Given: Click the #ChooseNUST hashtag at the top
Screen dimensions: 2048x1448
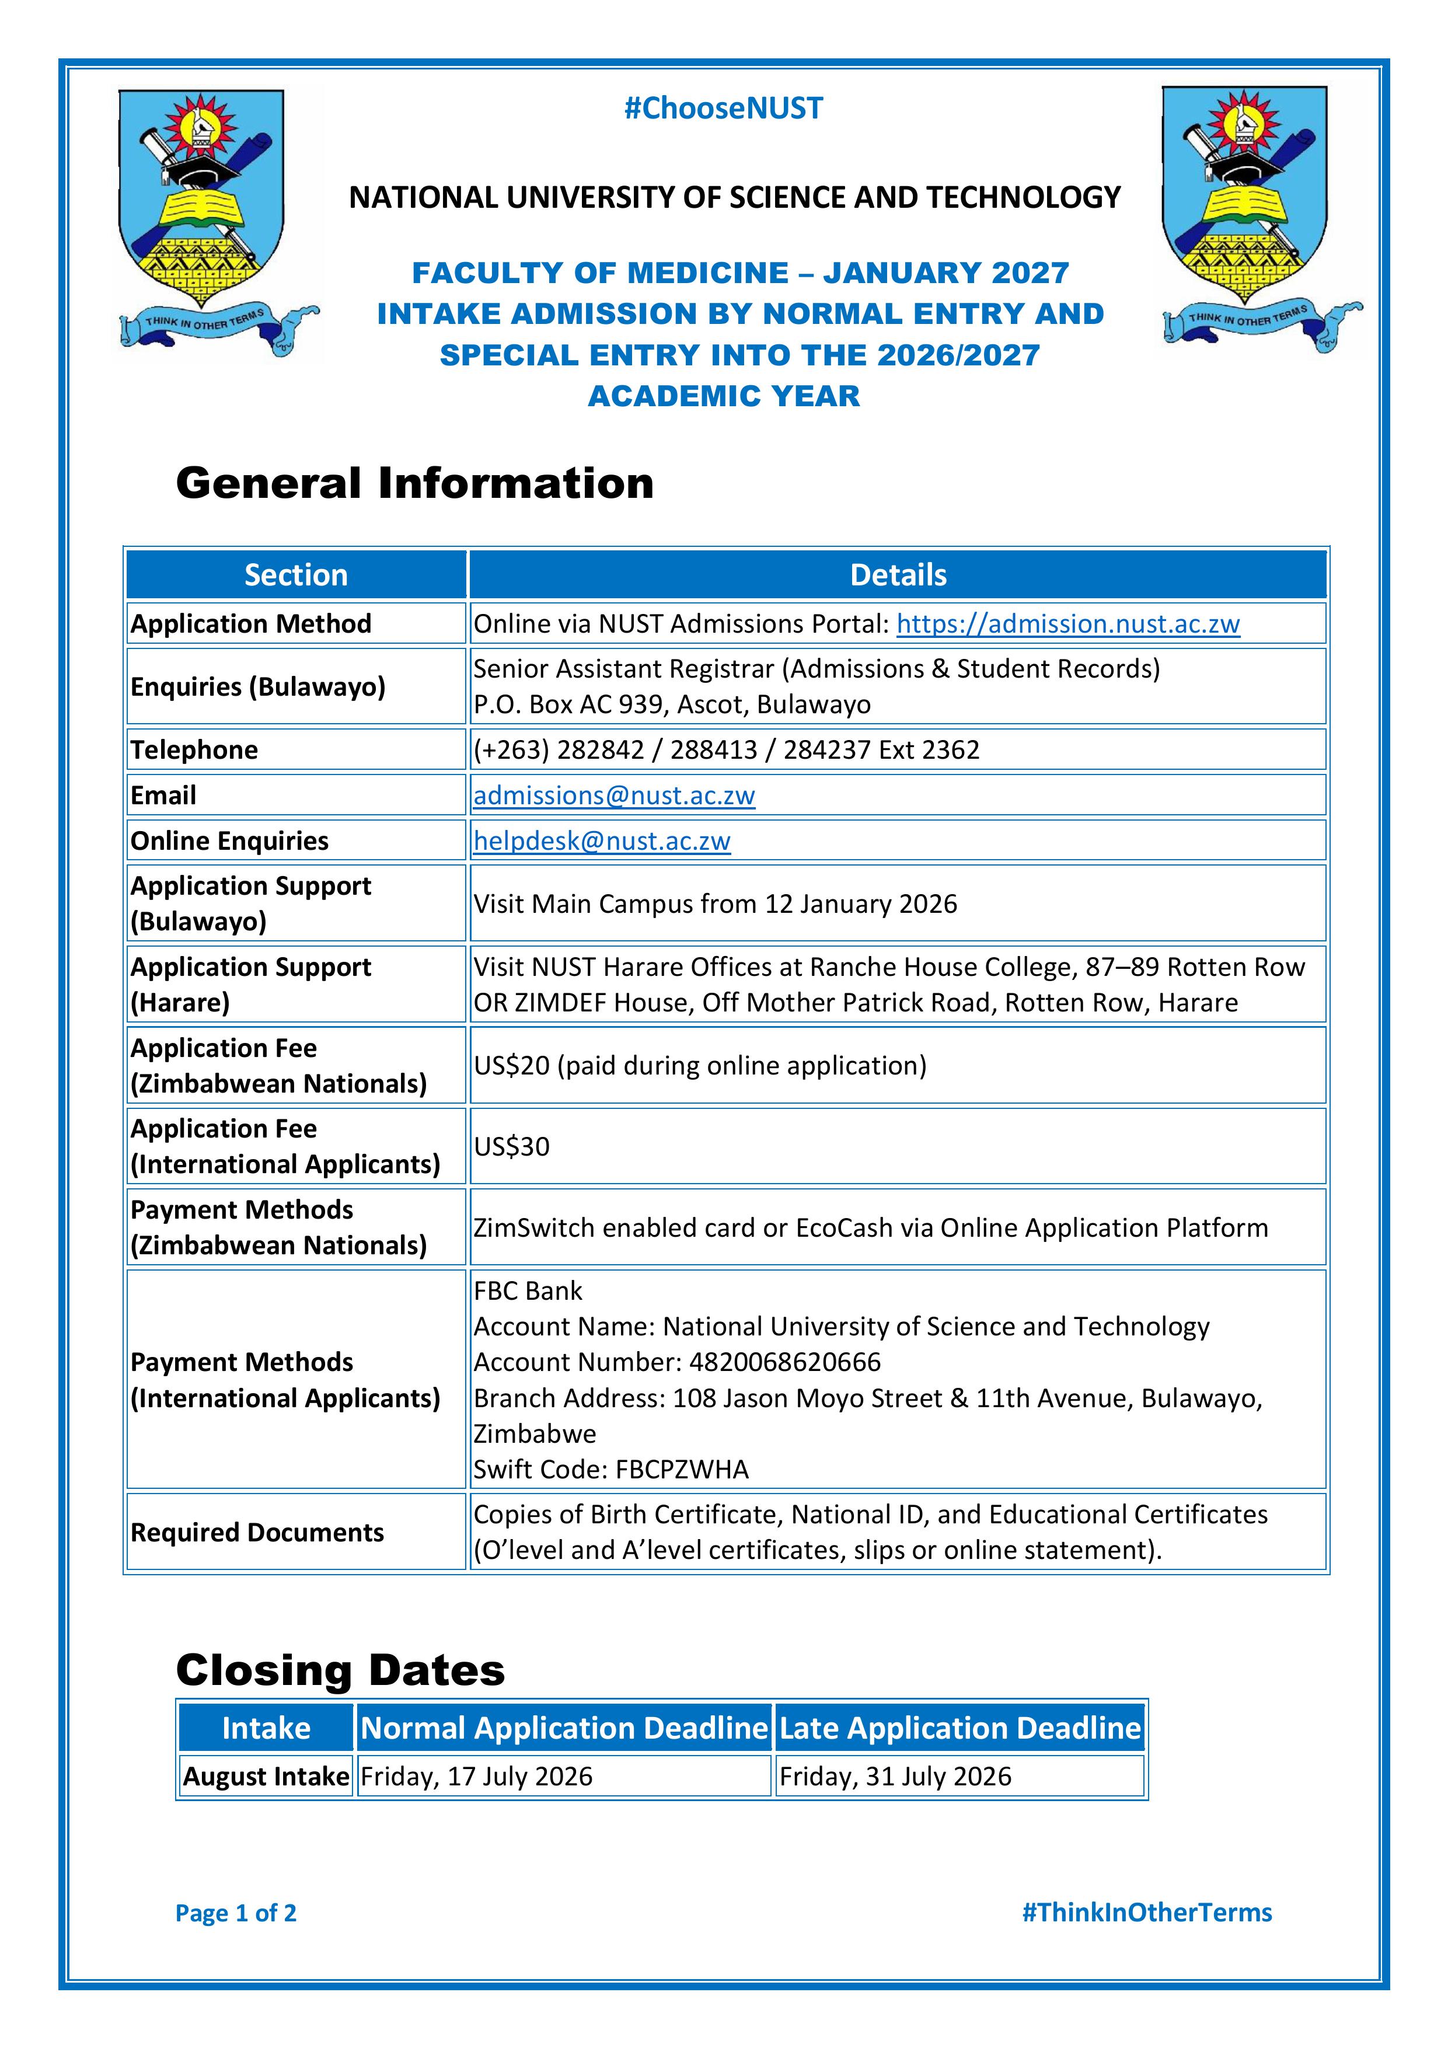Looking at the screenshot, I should pyautogui.click(x=723, y=109).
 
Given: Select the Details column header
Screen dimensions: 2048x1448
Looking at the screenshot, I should pyautogui.click(x=898, y=575).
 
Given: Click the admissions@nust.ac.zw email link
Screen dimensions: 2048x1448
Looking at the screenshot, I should pyautogui.click(x=614, y=795).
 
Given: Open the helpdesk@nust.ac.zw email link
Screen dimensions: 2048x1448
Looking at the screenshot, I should pyautogui.click(x=601, y=840).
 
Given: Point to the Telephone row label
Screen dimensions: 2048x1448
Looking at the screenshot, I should pyautogui.click(x=194, y=750).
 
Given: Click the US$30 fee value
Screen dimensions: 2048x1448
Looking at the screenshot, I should pyautogui.click(x=511, y=1146).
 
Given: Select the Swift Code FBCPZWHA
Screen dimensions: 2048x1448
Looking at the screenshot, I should pyautogui.click(x=682, y=1469).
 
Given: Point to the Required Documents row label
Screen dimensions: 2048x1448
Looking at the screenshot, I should pyautogui.click(x=257, y=1533).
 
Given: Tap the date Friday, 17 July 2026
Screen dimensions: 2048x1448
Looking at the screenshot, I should pyautogui.click(x=476, y=1776).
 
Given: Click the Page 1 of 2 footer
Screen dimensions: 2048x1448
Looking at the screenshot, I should pyautogui.click(x=236, y=1913).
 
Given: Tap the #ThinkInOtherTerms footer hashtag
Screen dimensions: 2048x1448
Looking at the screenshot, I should pyautogui.click(x=1146, y=1913).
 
